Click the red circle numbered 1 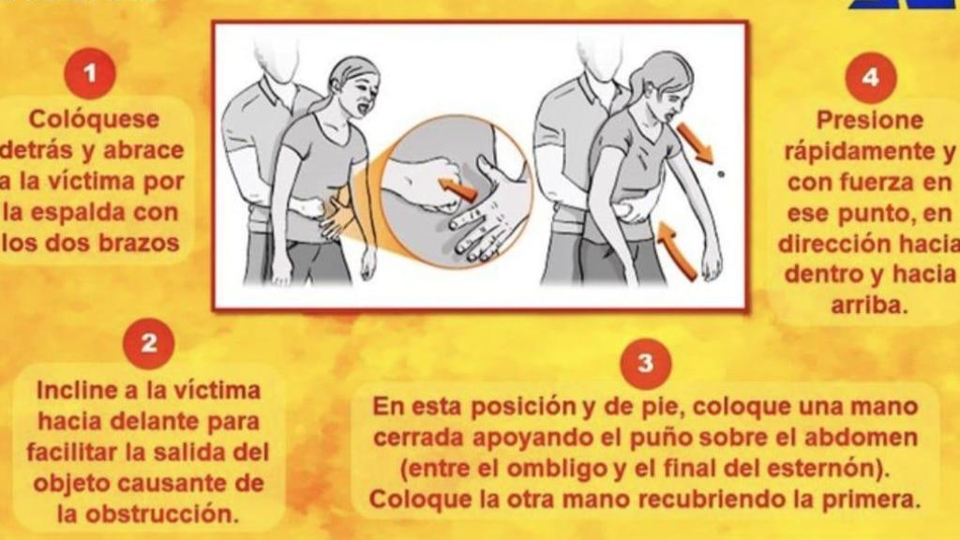(91, 73)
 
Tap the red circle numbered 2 (149, 342)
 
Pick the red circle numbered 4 (871, 77)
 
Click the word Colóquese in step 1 (95, 120)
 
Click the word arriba (870, 306)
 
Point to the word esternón (832, 467)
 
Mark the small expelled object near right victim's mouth (719, 173)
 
